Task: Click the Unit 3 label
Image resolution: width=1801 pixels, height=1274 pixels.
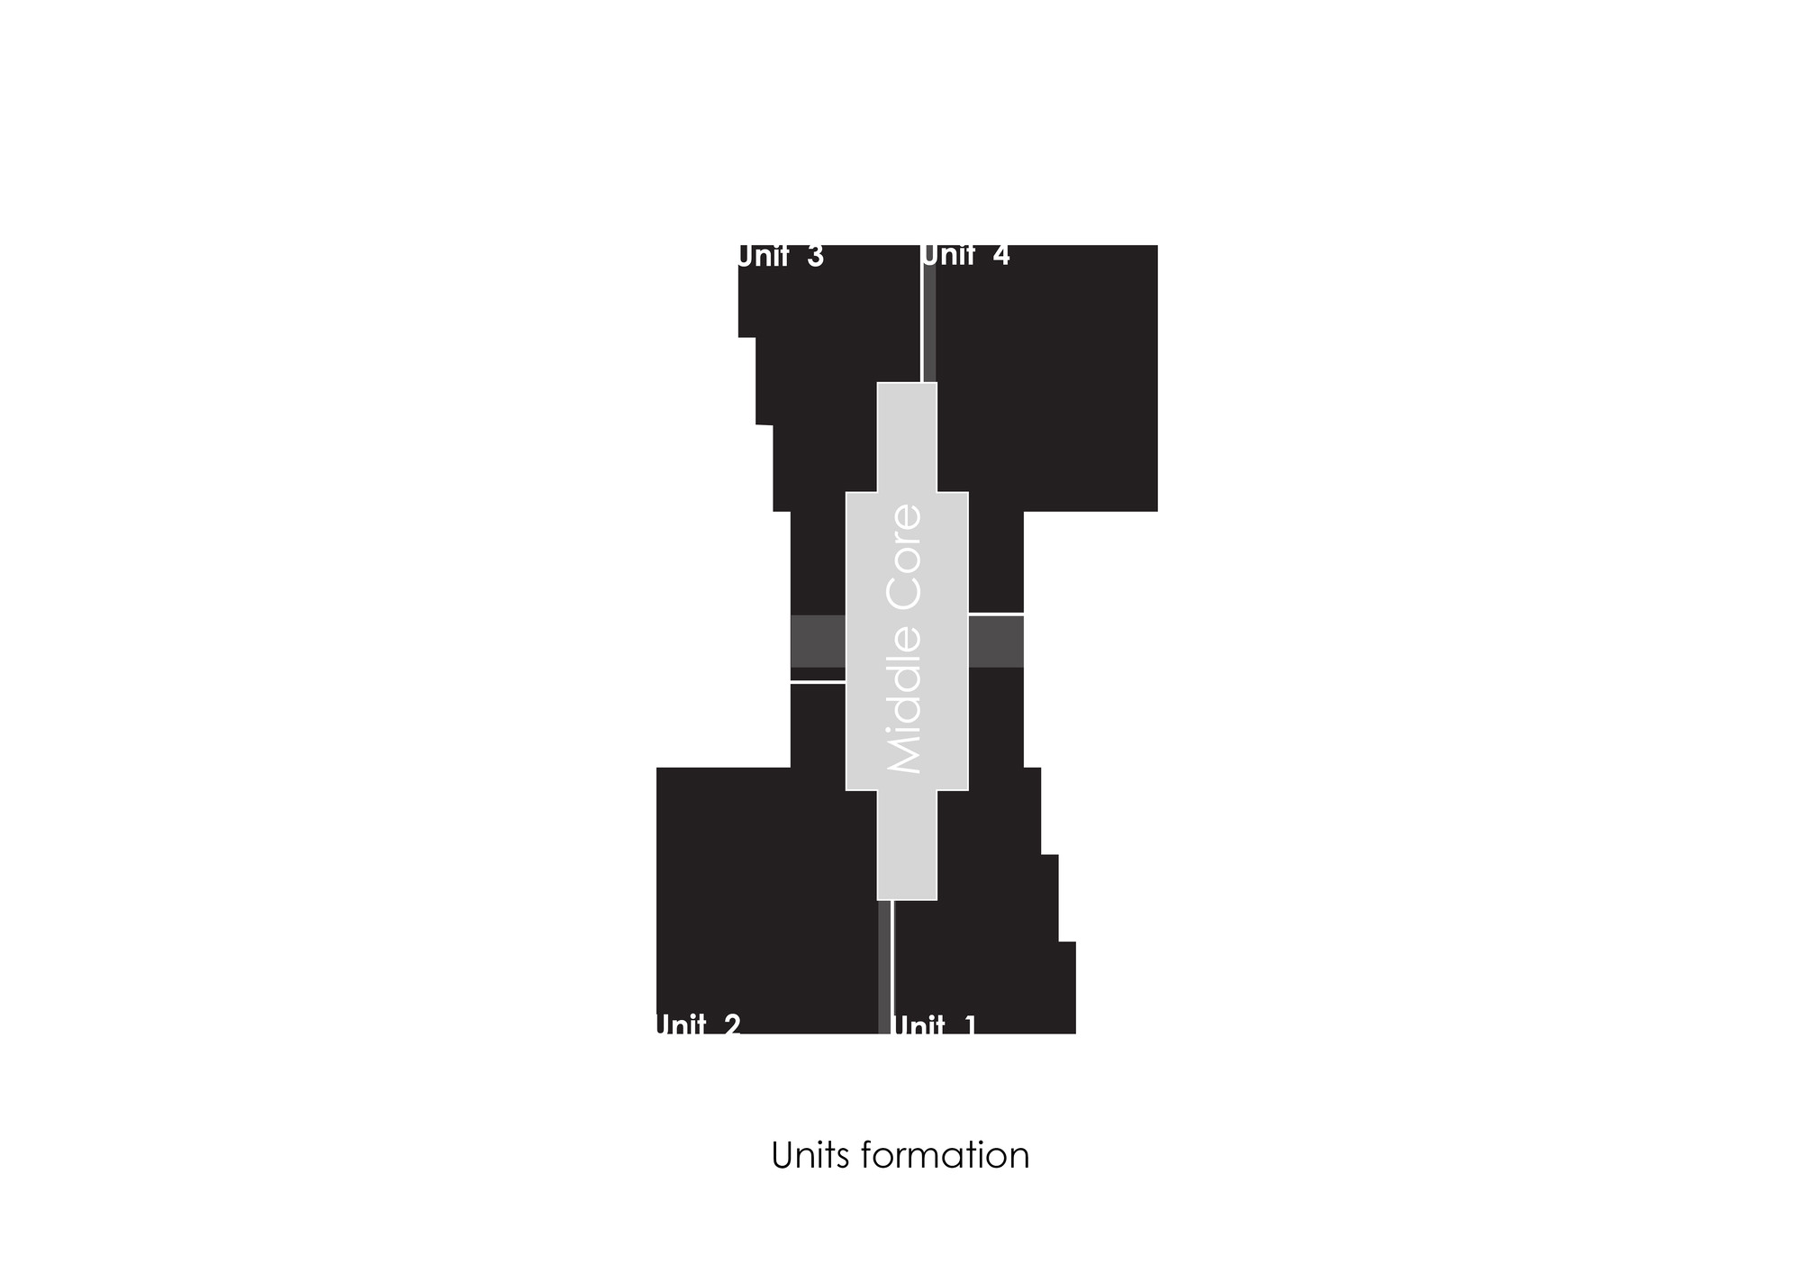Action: click(781, 257)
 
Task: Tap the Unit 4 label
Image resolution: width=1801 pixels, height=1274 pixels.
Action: click(966, 255)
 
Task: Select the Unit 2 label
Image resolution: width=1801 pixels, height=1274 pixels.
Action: click(698, 1024)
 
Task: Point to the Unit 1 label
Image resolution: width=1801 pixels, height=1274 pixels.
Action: click(935, 1024)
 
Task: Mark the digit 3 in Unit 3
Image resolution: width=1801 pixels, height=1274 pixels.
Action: click(816, 257)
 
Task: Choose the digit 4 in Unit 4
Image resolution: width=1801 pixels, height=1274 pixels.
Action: click(1001, 255)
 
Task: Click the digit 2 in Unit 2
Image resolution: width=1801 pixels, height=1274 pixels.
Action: click(731, 1024)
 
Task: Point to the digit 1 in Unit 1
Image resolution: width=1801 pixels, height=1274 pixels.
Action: click(970, 1024)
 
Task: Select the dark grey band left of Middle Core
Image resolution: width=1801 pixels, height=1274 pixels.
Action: click(818, 642)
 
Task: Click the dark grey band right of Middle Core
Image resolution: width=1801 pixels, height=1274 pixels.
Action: click(996, 642)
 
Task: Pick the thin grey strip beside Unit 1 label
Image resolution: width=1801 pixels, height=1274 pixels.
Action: click(884, 967)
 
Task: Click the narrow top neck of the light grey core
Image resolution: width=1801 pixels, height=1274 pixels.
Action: click(908, 437)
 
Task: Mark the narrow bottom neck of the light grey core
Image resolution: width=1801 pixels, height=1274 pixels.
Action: click(908, 845)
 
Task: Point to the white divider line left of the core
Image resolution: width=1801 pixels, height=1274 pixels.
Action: click(818, 682)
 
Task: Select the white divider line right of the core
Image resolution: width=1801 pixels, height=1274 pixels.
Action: click(996, 614)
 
